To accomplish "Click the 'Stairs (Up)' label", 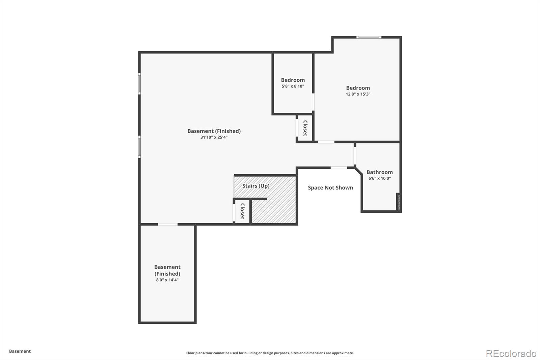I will click(256, 186).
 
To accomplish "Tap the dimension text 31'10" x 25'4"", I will click(214, 137).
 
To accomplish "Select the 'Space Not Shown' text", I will click(330, 188).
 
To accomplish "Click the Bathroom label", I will click(379, 172).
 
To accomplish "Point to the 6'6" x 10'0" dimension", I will click(379, 178).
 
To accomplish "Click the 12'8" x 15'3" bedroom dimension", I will click(358, 94).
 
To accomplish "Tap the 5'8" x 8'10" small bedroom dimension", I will click(293, 86).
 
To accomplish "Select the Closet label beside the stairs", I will click(242, 211).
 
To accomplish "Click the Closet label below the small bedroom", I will click(305, 128).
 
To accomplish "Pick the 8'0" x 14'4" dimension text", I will click(167, 280).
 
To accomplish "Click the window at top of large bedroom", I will click(369, 37).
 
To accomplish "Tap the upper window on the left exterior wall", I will click(139, 83).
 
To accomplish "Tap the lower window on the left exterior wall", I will click(139, 147).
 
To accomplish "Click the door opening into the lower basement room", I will click(168, 224).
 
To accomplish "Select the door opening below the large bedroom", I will click(326, 142).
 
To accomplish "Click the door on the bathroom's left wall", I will click(355, 155).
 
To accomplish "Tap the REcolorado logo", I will click(511, 354).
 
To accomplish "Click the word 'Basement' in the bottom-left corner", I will click(20, 351).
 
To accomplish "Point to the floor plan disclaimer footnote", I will click(270, 353).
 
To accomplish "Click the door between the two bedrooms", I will click(313, 102).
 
